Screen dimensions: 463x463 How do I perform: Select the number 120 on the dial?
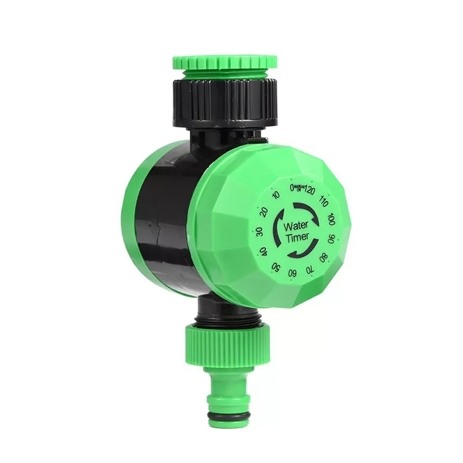pyautogui.click(x=310, y=190)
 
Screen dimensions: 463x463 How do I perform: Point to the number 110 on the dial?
pyautogui.click(x=324, y=203)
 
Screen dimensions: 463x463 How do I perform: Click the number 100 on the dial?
pyautogui.click(x=331, y=219)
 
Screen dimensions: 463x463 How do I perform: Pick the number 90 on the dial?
pyautogui.click(x=331, y=238)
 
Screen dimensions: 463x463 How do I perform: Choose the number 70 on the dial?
pyautogui.click(x=310, y=269)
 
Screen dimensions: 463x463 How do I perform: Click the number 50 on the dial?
pyautogui.click(x=276, y=267)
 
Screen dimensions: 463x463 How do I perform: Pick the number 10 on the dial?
pyautogui.click(x=276, y=197)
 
